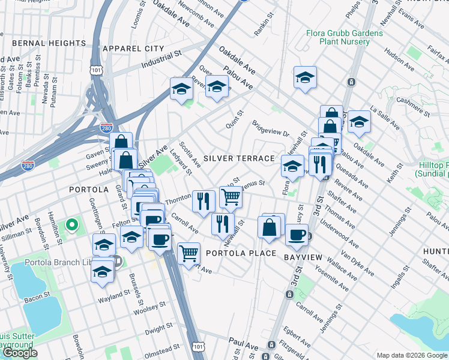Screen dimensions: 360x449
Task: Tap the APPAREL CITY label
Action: click(x=133, y=48)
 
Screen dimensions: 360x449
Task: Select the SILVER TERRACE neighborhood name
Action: click(x=239, y=158)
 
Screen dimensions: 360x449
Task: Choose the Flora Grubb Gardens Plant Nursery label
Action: click(x=344, y=38)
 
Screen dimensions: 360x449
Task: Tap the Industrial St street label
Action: click(x=161, y=60)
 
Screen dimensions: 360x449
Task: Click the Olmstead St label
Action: click(x=160, y=348)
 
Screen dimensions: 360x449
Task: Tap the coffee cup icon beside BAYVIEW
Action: click(x=296, y=235)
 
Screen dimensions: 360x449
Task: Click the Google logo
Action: click(x=19, y=353)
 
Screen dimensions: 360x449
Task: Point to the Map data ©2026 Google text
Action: click(x=412, y=355)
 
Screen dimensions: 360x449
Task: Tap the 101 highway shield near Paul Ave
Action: click(x=199, y=347)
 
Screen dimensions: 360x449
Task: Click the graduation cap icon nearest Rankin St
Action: click(x=305, y=77)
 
